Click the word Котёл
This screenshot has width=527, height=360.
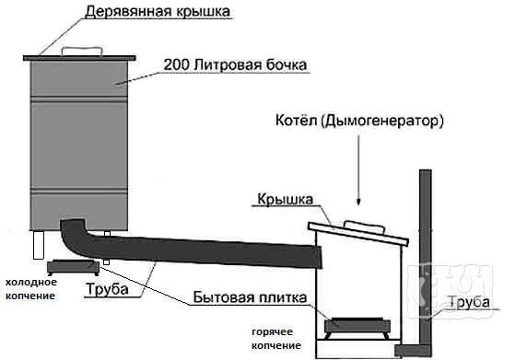[x=296, y=121]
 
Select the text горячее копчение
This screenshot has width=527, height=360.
[x=275, y=338]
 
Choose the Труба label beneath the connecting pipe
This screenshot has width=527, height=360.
[x=130, y=292]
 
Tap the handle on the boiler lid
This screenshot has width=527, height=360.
[x=361, y=226]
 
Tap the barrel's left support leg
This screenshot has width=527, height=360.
[x=40, y=246]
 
